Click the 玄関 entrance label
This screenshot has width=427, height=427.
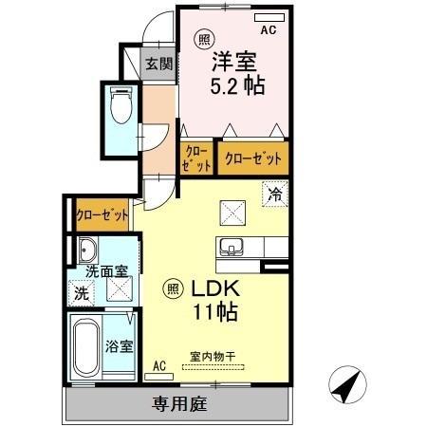[x=158, y=65]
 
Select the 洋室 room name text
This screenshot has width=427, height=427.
[x=233, y=58]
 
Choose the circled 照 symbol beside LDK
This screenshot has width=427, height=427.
[x=173, y=288]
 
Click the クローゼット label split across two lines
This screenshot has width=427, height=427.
[x=196, y=158]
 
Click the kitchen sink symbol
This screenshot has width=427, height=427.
[x=230, y=247]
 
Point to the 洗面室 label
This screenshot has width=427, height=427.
[x=106, y=271]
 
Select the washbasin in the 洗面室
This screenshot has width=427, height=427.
[x=87, y=251]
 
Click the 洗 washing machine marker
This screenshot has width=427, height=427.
[x=81, y=293]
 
